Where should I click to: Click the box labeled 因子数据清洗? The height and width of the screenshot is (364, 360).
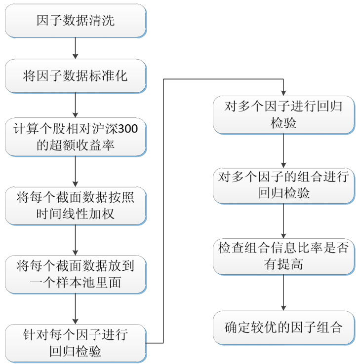[x=76, y=21]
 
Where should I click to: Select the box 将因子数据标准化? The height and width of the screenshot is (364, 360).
[x=76, y=76]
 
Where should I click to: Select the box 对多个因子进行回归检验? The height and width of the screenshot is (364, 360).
[x=283, y=113]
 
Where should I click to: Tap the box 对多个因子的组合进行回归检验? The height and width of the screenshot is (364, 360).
[x=283, y=185]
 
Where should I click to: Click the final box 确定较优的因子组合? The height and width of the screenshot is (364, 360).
[x=283, y=327]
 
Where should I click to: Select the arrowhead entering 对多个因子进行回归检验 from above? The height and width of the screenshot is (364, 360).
[x=283, y=92]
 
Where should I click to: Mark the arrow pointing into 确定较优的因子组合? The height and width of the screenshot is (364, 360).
[x=283, y=292]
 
